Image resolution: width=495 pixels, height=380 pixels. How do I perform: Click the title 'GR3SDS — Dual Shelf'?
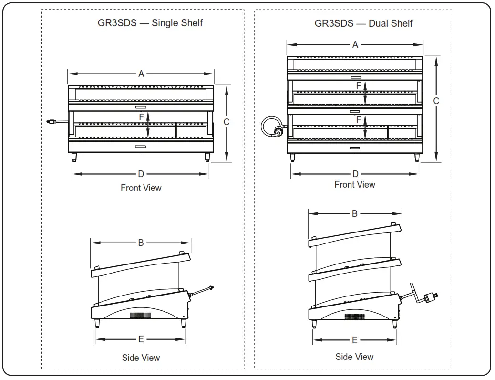click(363, 23)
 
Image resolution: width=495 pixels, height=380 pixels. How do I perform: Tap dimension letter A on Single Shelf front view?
click(141, 74)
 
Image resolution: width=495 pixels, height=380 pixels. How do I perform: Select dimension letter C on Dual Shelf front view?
click(436, 101)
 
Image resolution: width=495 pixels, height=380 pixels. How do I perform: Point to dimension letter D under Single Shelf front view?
click(141, 174)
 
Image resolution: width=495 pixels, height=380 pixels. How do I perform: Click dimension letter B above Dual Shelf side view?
click(354, 213)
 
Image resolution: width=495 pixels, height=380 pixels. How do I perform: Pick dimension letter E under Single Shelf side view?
click(141, 339)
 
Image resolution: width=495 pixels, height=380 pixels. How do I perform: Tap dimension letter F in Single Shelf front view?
click(141, 116)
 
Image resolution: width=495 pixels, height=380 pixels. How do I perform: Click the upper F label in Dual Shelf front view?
click(359, 85)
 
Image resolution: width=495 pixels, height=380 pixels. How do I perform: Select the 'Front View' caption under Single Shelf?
click(141, 188)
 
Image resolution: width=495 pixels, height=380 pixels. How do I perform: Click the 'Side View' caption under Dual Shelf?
click(354, 357)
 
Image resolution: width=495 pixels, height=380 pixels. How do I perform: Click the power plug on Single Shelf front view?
click(49, 122)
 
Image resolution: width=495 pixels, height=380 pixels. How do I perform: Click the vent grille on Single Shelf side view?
click(141, 316)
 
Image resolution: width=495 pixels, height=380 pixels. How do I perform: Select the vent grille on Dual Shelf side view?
click(354, 317)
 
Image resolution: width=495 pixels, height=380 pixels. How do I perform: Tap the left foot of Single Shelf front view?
click(74, 157)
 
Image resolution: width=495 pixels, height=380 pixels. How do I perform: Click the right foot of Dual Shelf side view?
click(395, 324)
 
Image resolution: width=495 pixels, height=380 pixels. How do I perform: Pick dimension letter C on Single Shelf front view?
click(227, 122)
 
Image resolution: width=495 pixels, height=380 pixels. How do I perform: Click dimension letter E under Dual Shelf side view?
click(354, 340)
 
